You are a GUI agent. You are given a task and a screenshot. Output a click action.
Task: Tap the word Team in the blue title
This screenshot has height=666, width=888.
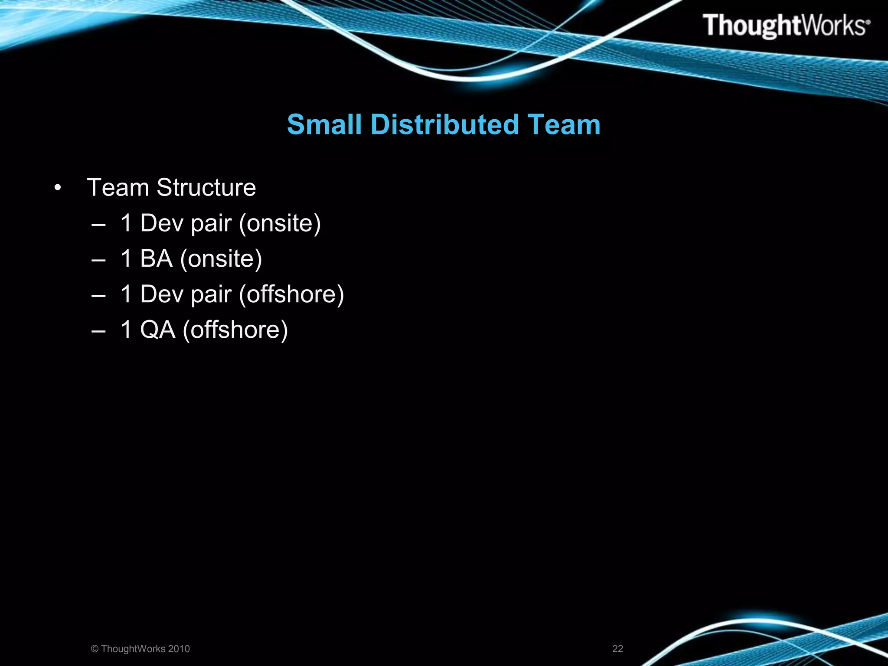(564, 125)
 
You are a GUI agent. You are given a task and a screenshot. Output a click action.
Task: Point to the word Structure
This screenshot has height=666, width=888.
(206, 188)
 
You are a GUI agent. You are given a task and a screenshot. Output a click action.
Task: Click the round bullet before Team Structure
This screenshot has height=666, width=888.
(58, 189)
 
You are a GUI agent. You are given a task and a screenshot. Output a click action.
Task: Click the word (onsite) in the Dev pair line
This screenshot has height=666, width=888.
(280, 224)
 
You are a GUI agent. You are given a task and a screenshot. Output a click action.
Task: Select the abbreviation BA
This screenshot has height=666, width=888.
(156, 259)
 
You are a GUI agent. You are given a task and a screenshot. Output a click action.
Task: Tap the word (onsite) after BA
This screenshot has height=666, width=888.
(221, 259)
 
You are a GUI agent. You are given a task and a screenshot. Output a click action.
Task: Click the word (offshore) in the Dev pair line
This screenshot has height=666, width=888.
(291, 295)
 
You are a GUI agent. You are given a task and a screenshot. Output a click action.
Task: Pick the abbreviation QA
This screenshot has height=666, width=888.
(158, 330)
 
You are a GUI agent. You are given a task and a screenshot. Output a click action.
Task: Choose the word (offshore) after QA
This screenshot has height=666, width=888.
(235, 330)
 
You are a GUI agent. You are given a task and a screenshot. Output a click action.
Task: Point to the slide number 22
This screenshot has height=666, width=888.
(617, 649)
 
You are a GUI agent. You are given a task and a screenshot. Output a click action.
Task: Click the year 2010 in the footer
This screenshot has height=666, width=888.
(179, 649)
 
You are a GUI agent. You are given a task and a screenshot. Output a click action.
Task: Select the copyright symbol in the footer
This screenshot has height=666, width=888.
(95, 649)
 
